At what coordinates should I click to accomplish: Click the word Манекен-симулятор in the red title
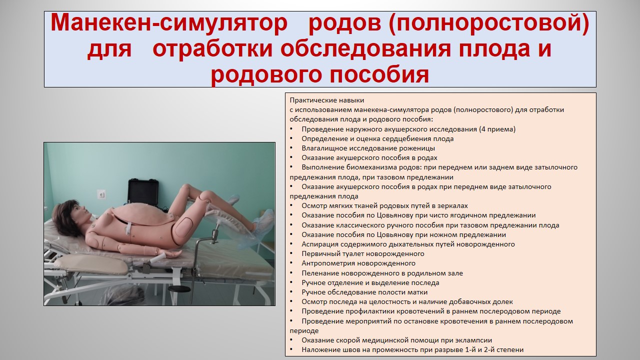coord(169,23)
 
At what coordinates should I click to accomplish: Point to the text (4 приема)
coord(497,129)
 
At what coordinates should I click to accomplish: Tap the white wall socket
coord(101,194)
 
